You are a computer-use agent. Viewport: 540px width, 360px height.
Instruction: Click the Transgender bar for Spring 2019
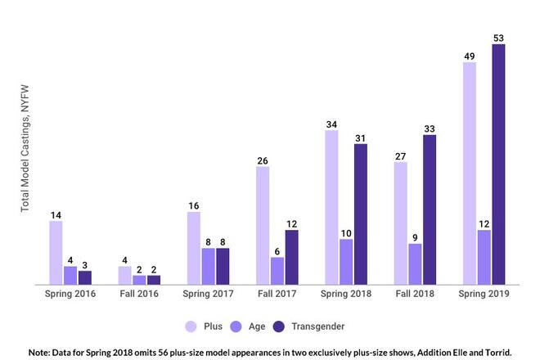498,164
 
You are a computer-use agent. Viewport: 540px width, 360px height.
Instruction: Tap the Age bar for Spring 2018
346,262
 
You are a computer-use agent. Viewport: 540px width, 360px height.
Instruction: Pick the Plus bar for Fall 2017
263,226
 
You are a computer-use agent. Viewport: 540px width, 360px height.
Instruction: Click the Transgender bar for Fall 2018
430,209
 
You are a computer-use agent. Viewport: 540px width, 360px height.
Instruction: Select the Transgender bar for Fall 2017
291,257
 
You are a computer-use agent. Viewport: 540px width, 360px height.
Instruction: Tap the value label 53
498,38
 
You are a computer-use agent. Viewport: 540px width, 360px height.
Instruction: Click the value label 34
331,124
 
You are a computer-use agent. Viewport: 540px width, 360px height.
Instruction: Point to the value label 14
56,215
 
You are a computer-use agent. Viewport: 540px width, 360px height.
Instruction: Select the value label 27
400,155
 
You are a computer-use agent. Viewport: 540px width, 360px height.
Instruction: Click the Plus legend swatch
192,326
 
